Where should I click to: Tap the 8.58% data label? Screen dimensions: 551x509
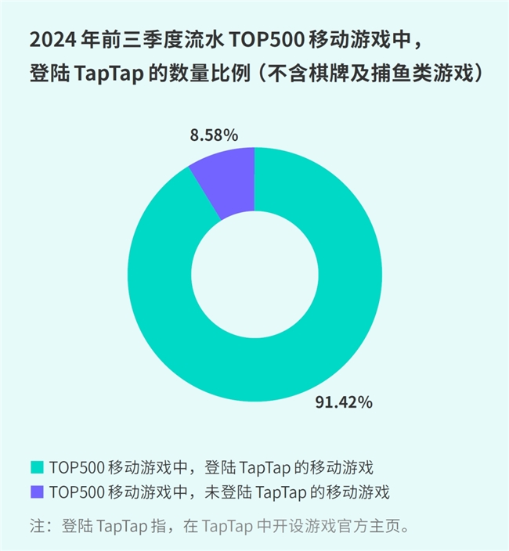click(x=214, y=135)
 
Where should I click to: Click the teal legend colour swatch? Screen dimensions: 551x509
click(x=36, y=468)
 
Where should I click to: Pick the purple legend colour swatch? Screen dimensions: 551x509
click(x=36, y=493)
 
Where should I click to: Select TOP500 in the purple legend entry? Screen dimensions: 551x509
click(x=75, y=493)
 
